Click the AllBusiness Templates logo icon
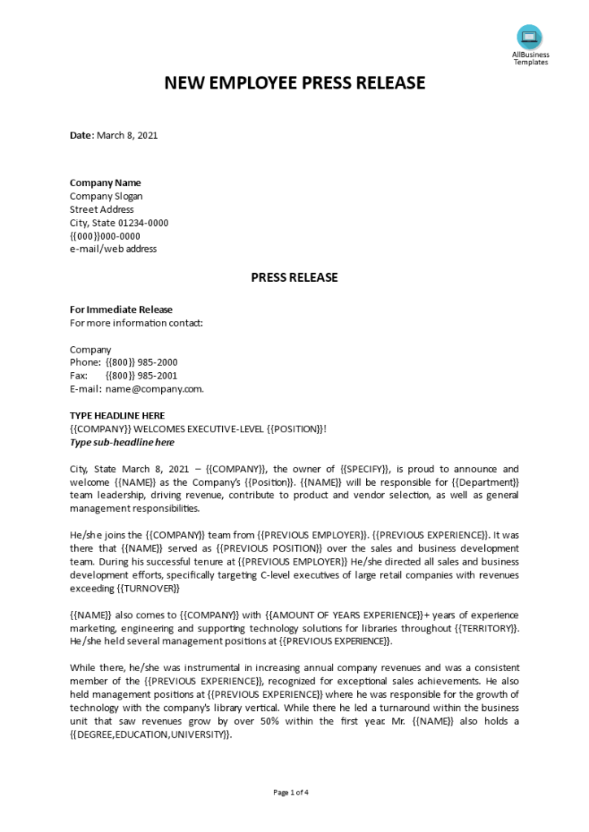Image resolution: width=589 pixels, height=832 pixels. (x=530, y=37)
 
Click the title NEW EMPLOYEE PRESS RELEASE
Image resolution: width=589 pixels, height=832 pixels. (x=294, y=83)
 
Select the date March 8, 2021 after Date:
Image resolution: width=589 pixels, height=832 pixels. (x=128, y=136)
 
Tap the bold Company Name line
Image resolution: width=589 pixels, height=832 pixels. (x=105, y=183)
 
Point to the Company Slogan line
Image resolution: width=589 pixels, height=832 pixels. (x=106, y=196)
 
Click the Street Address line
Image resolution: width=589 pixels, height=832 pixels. (x=102, y=210)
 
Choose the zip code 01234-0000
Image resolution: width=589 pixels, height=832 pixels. (x=142, y=223)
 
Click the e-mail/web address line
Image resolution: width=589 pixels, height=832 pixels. (x=113, y=249)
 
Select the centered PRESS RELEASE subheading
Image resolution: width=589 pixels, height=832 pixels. (x=294, y=278)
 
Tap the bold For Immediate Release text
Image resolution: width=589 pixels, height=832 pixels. (x=121, y=310)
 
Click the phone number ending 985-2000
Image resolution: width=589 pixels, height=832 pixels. (x=142, y=362)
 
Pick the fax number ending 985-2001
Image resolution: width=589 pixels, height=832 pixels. (x=142, y=375)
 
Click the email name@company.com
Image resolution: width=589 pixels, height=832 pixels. (x=155, y=388)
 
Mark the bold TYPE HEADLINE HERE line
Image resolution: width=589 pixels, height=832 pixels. (x=117, y=415)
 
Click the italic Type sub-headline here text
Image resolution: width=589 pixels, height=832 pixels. (x=122, y=442)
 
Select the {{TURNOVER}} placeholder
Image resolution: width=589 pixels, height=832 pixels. (x=148, y=588)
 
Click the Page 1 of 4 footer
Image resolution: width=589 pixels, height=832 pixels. (x=291, y=792)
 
